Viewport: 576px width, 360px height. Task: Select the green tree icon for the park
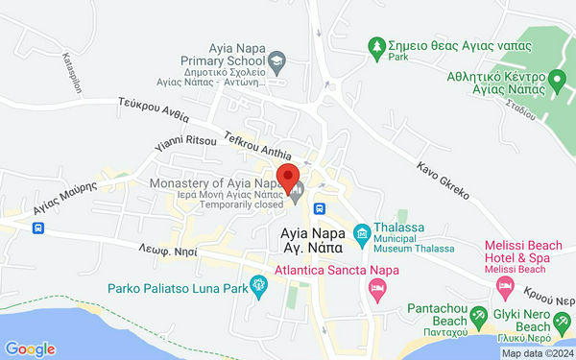pyautogui.click(x=378, y=46)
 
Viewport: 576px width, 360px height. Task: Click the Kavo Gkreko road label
pyautogui.click(x=443, y=180)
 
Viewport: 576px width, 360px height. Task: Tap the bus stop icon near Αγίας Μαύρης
pyautogui.click(x=37, y=228)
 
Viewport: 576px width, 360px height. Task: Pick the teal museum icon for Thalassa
pyautogui.click(x=361, y=231)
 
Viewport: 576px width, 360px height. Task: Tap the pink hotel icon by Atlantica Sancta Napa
pyautogui.click(x=379, y=288)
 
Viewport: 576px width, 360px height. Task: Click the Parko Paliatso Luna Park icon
pyautogui.click(x=257, y=284)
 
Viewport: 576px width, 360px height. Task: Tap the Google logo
pyautogui.click(x=30, y=349)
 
